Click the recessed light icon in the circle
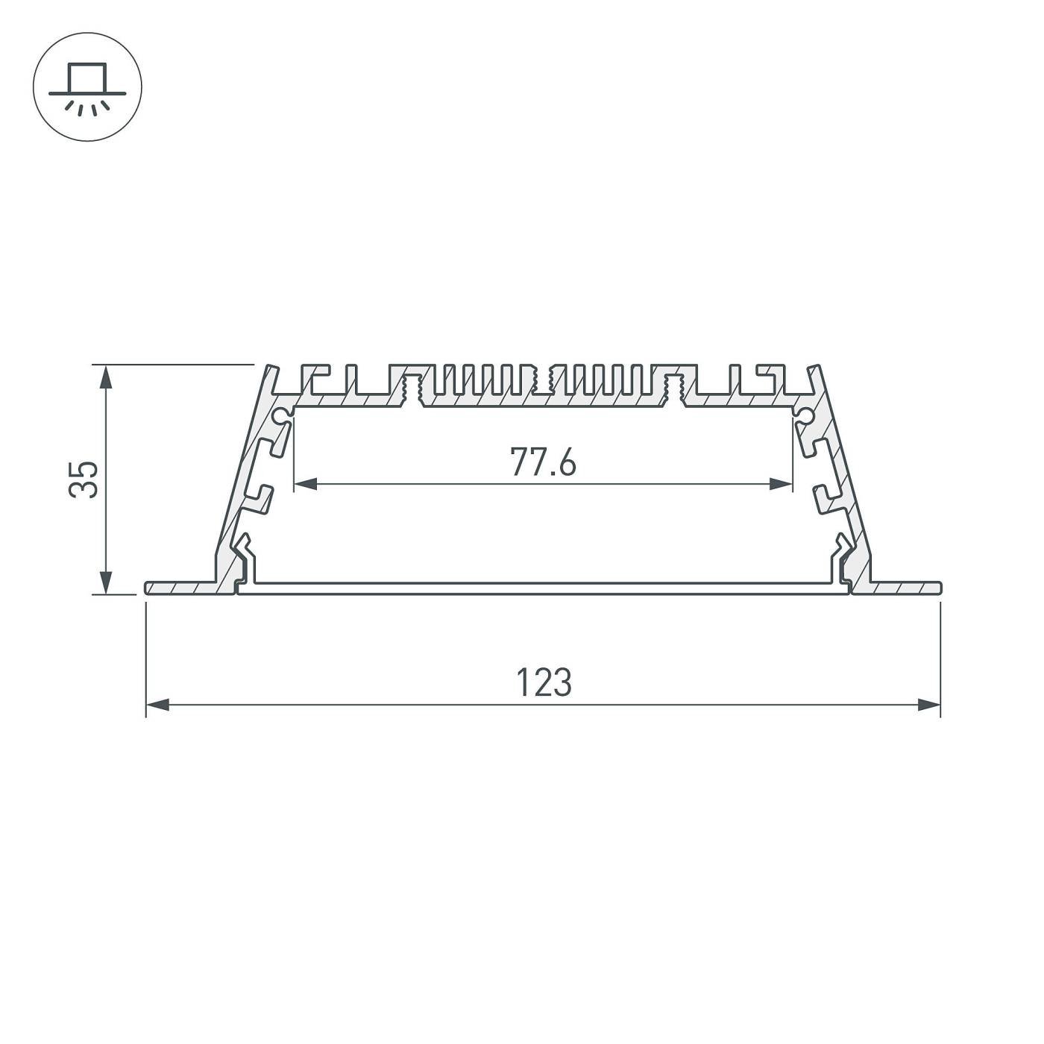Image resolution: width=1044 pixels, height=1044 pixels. [x=87, y=87]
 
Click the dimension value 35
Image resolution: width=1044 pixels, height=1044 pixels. [x=84, y=479]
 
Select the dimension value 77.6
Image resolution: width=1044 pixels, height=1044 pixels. [x=543, y=462]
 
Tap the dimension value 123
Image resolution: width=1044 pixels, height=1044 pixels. [x=544, y=682]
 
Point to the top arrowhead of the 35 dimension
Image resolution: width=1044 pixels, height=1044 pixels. [x=107, y=376]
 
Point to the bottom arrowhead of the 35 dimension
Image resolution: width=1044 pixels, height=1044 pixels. [x=107, y=583]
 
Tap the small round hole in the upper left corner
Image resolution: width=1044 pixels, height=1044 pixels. [x=282, y=415]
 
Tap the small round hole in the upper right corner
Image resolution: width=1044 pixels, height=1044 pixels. [x=805, y=415]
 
